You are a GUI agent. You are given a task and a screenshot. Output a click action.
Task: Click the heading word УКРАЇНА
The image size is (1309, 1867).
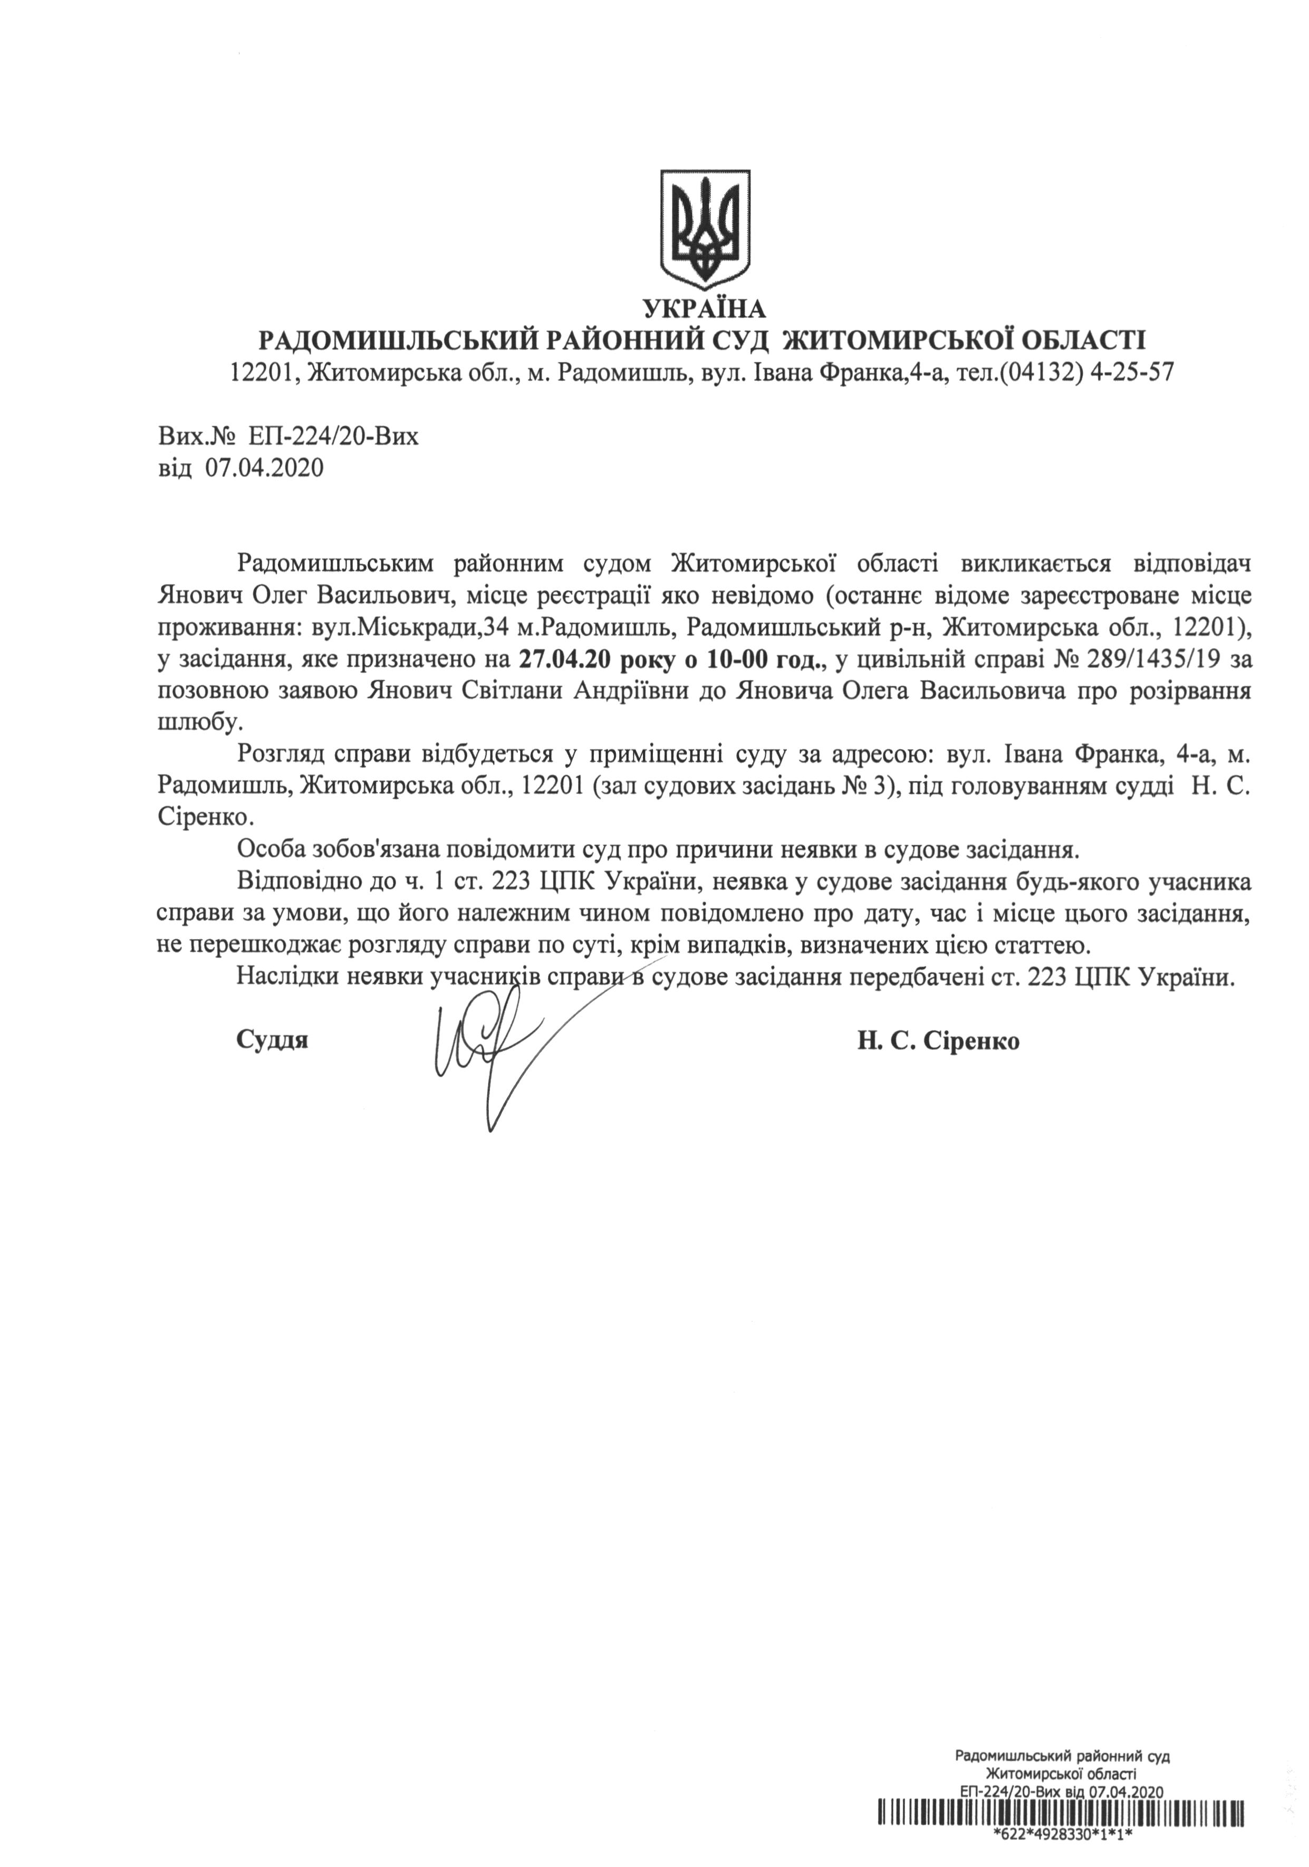(x=704, y=309)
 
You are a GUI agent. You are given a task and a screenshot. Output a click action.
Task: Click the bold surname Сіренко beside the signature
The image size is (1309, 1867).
(x=977, y=1042)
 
